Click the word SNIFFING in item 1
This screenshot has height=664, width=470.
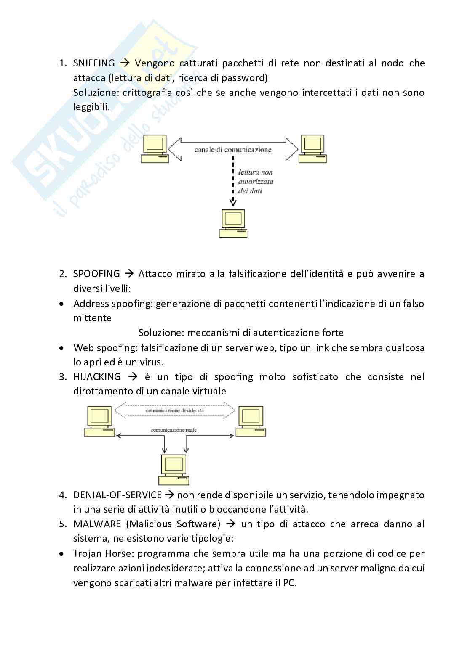(94, 63)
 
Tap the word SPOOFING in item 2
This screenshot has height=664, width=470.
(96, 274)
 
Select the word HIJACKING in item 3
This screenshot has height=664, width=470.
(97, 377)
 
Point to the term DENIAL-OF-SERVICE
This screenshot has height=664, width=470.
(117, 495)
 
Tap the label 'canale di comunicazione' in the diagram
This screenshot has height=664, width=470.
(233, 150)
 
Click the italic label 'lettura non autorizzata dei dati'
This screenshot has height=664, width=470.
(256, 181)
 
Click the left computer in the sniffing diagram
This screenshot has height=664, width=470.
(155, 149)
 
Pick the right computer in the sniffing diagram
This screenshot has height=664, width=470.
(312, 149)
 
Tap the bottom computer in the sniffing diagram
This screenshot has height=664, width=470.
(233, 223)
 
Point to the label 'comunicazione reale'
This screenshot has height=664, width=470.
(174, 430)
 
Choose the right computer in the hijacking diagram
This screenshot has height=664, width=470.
(251, 421)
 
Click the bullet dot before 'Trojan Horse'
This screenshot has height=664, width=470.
(62, 554)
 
